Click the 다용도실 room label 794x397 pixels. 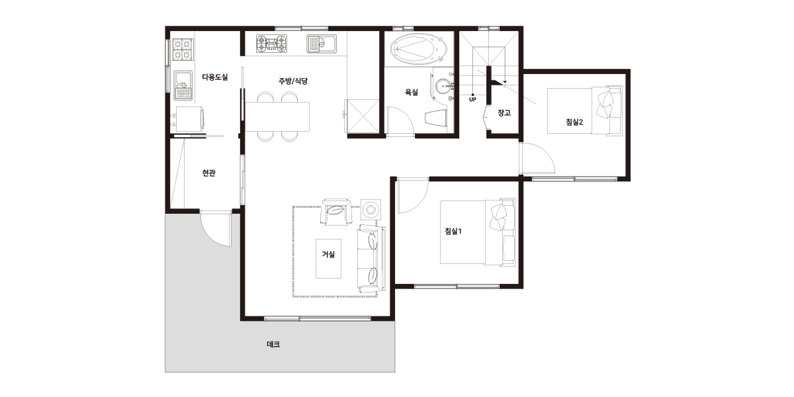pyautogui.click(x=215, y=77)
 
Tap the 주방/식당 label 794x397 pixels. pyautogui.click(x=292, y=81)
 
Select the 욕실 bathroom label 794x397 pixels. pyautogui.click(x=412, y=92)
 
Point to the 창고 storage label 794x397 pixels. pyautogui.click(x=504, y=112)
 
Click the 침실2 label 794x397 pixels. pyautogui.click(x=574, y=122)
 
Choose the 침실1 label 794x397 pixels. pyautogui.click(x=453, y=231)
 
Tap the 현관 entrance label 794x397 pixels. pyautogui.click(x=209, y=173)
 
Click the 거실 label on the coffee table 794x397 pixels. pyautogui.click(x=328, y=254)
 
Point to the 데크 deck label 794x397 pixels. pyautogui.click(x=273, y=344)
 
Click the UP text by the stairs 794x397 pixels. pyautogui.click(x=472, y=100)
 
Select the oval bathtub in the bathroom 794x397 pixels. pyautogui.click(x=419, y=49)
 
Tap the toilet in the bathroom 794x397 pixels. pyautogui.click(x=435, y=117)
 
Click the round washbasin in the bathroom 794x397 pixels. pyautogui.click(x=443, y=86)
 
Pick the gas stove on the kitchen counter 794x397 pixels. pyautogui.click(x=271, y=44)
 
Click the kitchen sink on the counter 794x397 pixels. pyautogui.click(x=322, y=44)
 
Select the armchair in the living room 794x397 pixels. pyautogui.click(x=336, y=212)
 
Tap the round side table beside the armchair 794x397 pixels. pyautogui.click(x=371, y=210)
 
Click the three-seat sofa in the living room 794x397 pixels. pyautogui.click(x=371, y=259)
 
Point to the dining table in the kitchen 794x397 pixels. pyautogui.click(x=277, y=116)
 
